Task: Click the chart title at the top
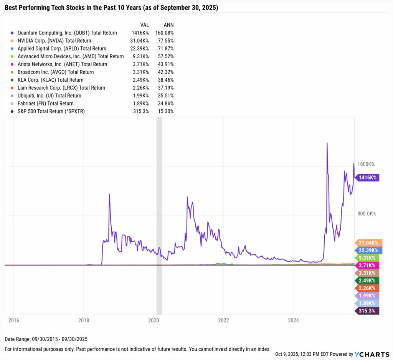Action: [111, 8]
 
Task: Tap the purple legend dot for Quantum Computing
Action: [13, 33]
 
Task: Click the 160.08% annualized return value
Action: [164, 33]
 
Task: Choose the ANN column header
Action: [168, 25]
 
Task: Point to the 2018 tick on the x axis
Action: [84, 320]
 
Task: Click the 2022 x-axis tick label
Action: [223, 320]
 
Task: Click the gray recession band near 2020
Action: [159, 215]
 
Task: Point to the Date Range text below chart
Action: [46, 339]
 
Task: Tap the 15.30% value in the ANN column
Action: [166, 111]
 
